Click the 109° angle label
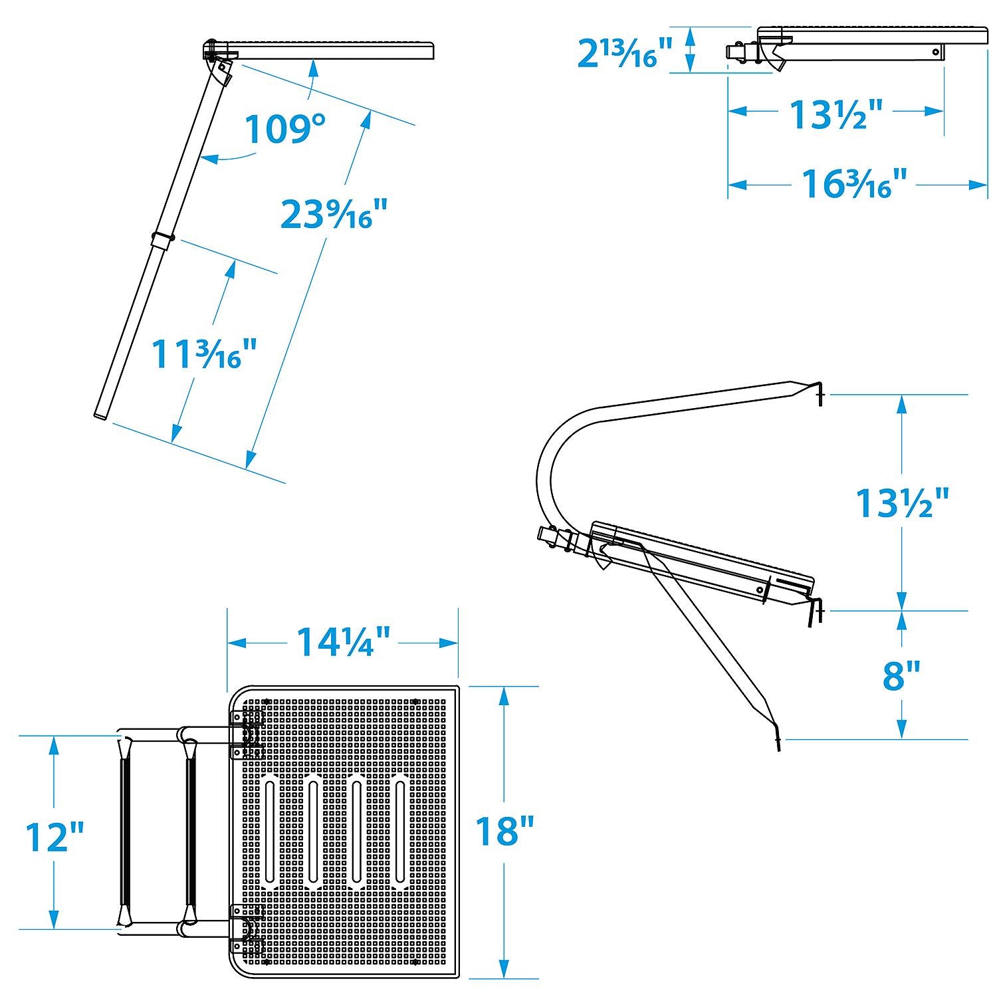[x=285, y=129]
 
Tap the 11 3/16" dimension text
[x=204, y=354]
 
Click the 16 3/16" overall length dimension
[x=853, y=184]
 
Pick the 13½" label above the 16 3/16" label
[x=835, y=114]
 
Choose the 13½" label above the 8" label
[x=902, y=502]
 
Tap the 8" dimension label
[x=901, y=677]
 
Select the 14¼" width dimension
[x=342, y=642]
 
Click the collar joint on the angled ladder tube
[x=162, y=239]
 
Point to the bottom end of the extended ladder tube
[x=101, y=415]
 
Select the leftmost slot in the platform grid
[x=270, y=831]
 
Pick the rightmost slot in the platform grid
[x=400, y=831]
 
